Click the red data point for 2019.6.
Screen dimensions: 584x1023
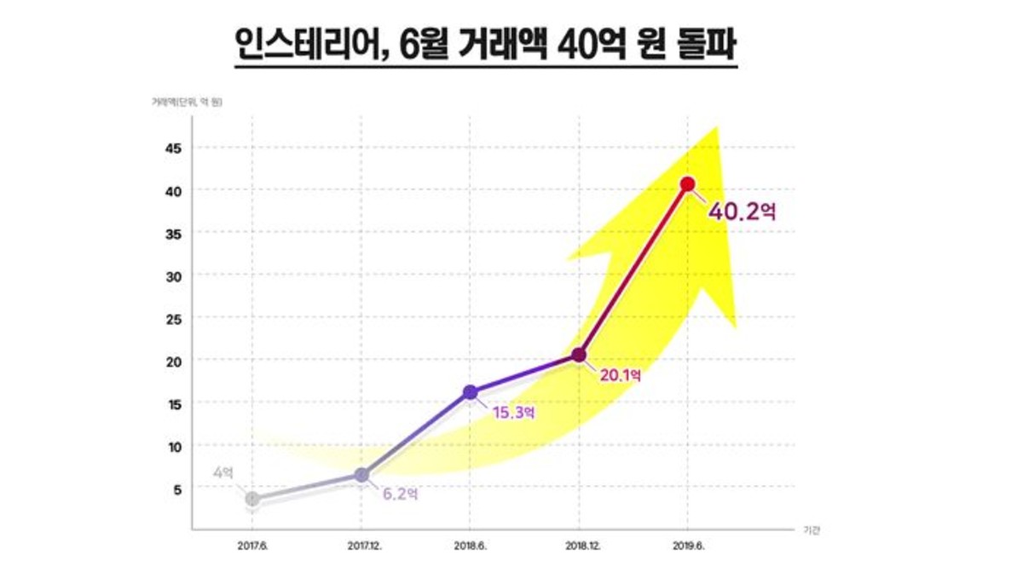[x=687, y=184]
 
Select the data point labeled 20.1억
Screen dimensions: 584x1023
[x=579, y=355]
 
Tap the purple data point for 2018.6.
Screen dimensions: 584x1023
[x=470, y=392]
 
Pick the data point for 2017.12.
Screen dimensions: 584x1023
[x=361, y=475]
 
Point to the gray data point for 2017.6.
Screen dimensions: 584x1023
[x=252, y=499]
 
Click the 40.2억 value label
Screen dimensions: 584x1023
[x=742, y=211]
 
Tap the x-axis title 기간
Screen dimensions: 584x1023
[x=811, y=530]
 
